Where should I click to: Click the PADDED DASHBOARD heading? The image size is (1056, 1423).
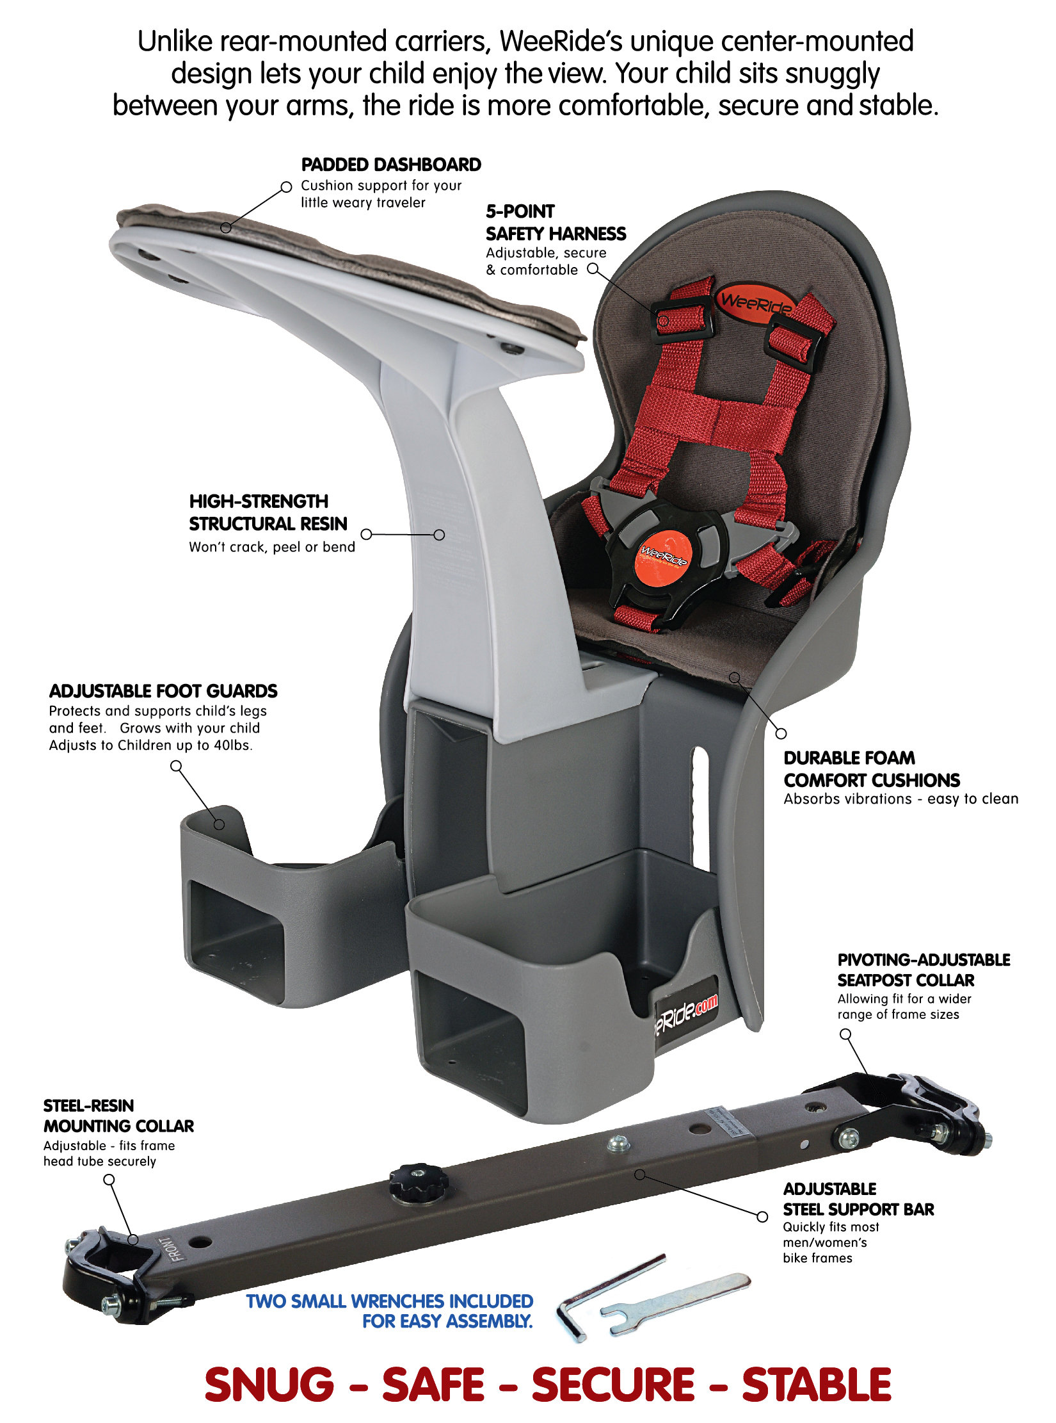tap(391, 165)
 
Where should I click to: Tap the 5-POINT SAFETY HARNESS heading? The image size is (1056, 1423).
tap(556, 223)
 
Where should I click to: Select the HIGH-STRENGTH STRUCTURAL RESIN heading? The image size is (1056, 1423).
tap(268, 512)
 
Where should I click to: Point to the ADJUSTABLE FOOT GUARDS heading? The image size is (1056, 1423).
tap(163, 691)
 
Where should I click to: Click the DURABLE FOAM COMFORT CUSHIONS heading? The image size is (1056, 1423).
tap(872, 769)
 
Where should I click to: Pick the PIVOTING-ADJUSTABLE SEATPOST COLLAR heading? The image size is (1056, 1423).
tap(924, 970)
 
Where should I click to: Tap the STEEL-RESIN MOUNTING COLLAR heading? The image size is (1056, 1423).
tap(118, 1116)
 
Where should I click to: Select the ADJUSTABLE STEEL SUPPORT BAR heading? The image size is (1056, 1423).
tap(858, 1199)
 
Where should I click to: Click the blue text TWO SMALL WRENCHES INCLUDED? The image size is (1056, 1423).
tap(389, 1301)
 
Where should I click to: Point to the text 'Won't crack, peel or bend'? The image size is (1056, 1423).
tap(272, 547)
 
